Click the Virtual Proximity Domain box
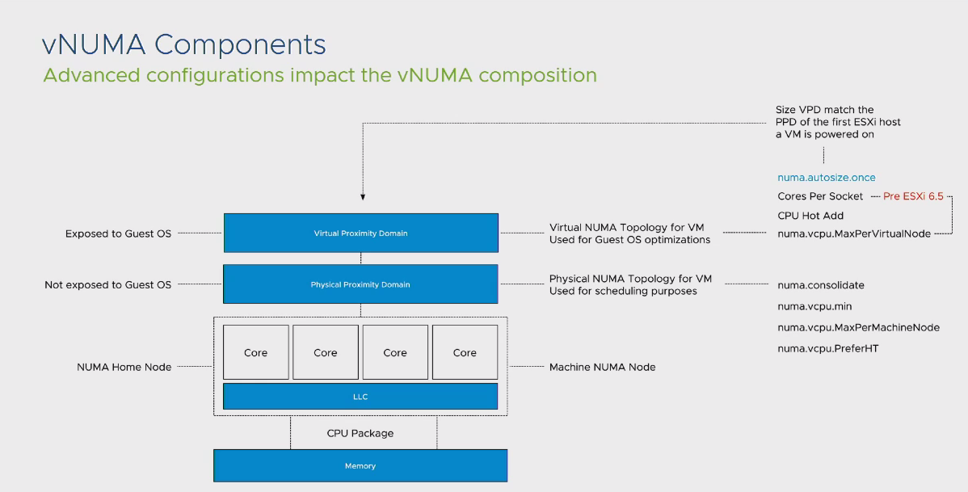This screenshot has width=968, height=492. [360, 233]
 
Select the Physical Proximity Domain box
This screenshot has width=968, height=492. [360, 284]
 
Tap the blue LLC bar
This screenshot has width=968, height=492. [360, 397]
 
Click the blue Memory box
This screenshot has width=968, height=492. [360, 465]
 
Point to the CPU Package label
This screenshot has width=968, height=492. [360, 433]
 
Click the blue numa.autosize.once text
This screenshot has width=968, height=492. [827, 178]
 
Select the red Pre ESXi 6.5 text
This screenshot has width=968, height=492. [913, 196]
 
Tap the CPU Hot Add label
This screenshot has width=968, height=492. [810, 216]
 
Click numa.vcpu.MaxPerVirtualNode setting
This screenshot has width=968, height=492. [854, 233]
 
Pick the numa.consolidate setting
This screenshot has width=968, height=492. [821, 285]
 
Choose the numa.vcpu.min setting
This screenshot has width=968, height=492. [815, 306]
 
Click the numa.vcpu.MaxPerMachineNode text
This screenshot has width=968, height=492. [859, 327]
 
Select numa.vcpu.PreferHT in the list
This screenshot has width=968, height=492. [828, 349]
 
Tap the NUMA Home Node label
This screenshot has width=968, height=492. [124, 367]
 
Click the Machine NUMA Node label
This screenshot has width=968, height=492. [603, 367]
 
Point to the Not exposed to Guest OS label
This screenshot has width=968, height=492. [108, 284]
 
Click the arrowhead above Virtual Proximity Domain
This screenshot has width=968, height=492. [363, 197]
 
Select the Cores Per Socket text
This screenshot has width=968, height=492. [820, 196]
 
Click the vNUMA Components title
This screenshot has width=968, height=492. [184, 45]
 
